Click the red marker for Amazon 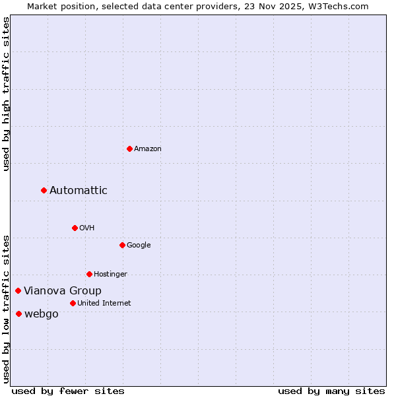coord(129,148)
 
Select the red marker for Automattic coord(44,190)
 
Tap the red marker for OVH coord(75,228)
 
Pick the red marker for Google coord(122,245)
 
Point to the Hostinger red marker coord(89,274)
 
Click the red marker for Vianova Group coord(18,290)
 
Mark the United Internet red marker coord(73,303)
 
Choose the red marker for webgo coord(18,313)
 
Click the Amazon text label coord(148,149)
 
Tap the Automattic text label coord(79,191)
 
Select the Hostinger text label coord(110,275)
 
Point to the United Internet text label coord(104,304)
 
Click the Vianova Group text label coord(63,291)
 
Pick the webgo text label coord(42,314)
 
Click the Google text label coord(139,246)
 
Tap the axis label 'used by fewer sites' coord(68,391)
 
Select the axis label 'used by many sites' coord(331,391)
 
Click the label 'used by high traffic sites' coord(7,94)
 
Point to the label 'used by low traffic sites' coord(7,309)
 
